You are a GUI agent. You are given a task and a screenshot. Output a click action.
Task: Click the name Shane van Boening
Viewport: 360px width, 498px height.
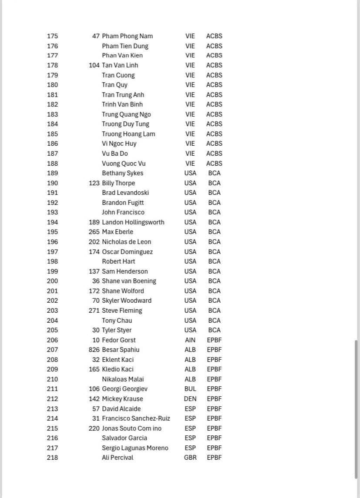[x=129, y=281]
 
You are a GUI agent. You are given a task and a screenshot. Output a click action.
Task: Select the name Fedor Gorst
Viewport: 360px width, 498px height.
[x=118, y=340]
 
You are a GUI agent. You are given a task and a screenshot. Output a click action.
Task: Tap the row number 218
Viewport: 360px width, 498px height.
[x=52, y=458]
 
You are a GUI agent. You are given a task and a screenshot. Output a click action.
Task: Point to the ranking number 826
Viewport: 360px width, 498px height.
[x=94, y=350]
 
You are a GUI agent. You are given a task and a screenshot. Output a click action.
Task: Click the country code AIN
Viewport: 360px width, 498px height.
[x=190, y=340]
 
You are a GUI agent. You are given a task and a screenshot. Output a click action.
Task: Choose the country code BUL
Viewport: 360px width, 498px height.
[x=190, y=389]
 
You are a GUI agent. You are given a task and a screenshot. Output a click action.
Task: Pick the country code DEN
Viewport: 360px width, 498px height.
[x=190, y=399]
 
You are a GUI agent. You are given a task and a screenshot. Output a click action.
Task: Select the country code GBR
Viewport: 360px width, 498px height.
[x=190, y=458]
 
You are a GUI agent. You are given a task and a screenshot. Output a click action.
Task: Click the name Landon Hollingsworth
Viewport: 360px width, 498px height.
[x=133, y=222]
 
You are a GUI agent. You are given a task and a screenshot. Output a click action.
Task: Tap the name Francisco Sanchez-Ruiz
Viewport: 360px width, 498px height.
[x=136, y=418]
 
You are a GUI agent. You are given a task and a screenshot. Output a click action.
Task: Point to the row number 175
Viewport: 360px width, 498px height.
[x=52, y=36]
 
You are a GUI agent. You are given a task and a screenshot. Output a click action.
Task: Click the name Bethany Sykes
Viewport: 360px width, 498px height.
[x=122, y=173]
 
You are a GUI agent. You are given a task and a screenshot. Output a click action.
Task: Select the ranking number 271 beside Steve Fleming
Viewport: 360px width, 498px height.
[x=94, y=311]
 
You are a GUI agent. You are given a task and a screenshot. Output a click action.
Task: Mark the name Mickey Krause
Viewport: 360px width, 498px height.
[x=122, y=399]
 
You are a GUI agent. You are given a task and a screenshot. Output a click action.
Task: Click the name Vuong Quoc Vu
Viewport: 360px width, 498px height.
[x=124, y=164]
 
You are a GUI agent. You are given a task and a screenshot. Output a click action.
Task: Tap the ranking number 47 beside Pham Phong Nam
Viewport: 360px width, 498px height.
[x=96, y=36]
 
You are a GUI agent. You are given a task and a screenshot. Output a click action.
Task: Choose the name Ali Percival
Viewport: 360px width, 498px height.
[x=118, y=458]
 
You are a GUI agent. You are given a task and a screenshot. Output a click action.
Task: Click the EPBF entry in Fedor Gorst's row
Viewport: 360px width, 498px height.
[x=214, y=340]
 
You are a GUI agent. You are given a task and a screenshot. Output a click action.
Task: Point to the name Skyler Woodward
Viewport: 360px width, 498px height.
[x=127, y=301]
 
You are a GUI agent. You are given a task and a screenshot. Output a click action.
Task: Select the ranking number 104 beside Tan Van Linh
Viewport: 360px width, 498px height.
[x=94, y=65]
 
